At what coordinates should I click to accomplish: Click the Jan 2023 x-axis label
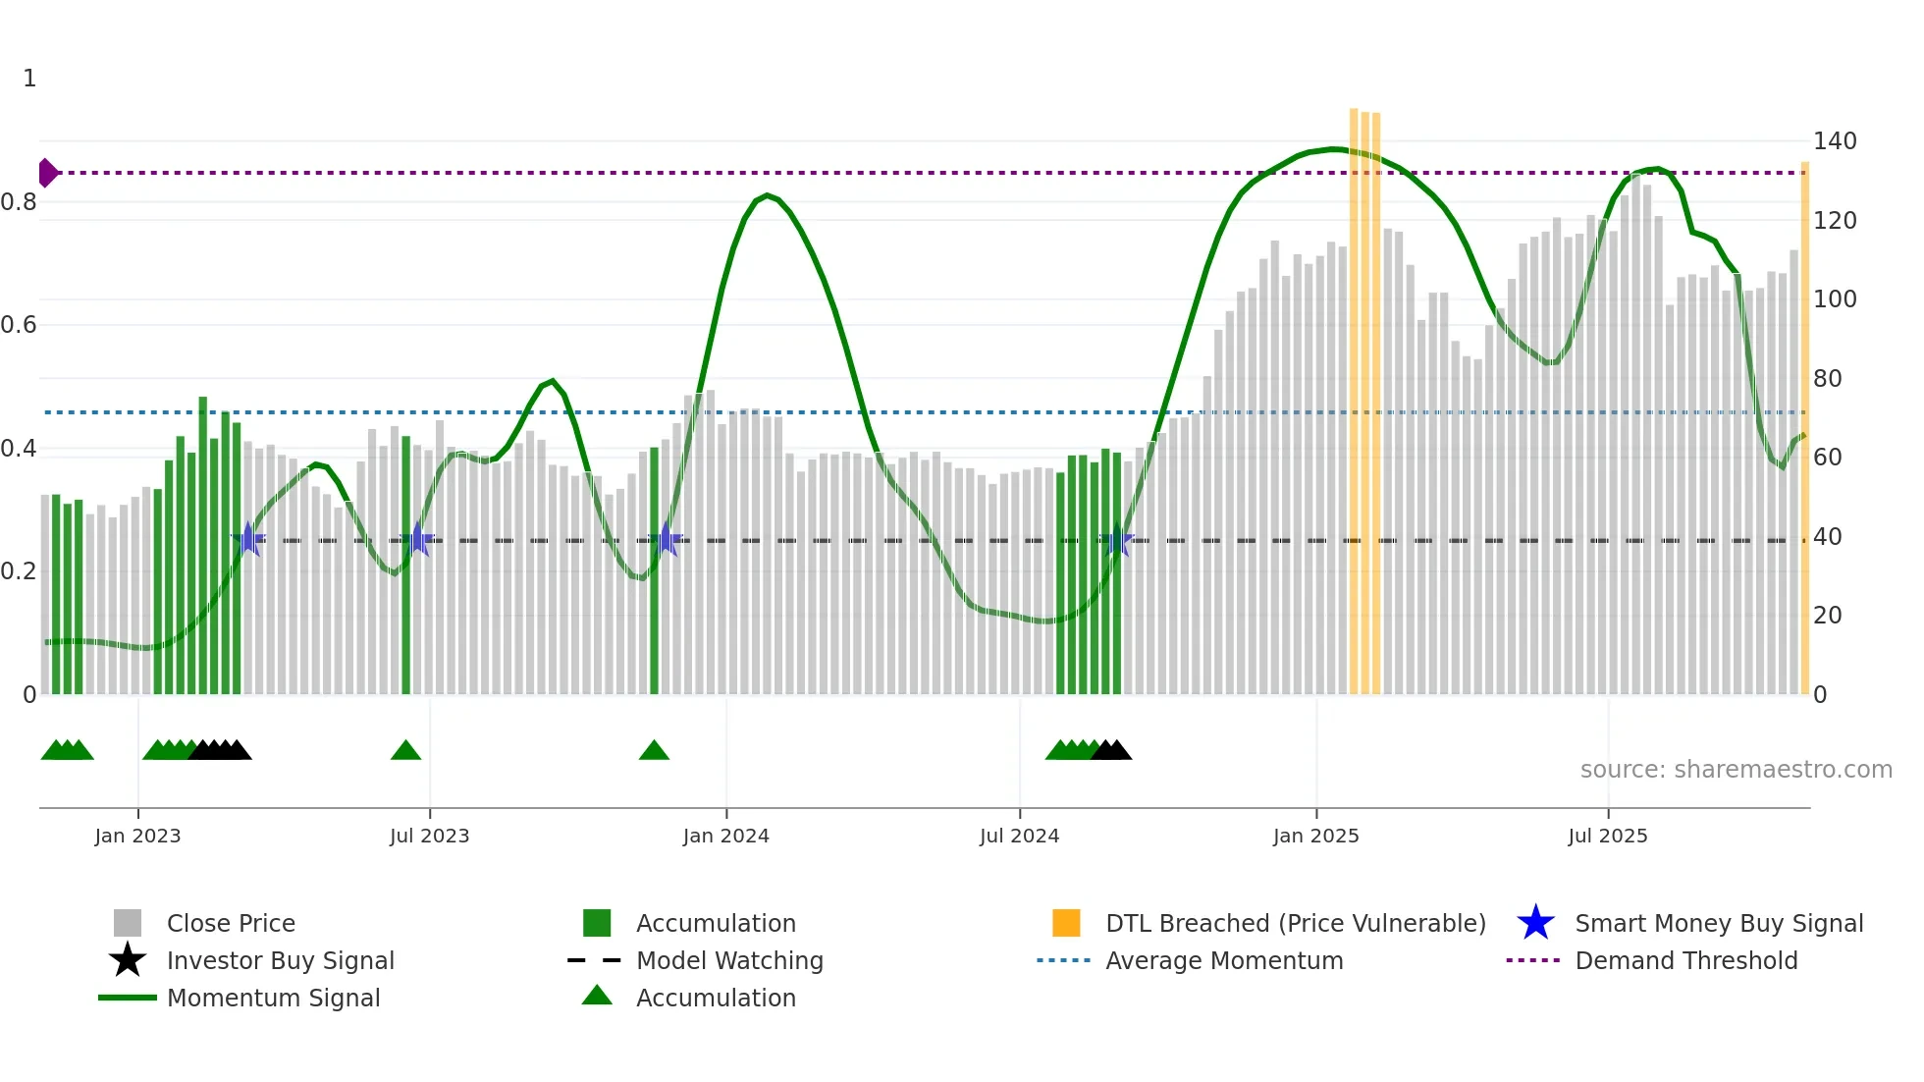click(x=137, y=837)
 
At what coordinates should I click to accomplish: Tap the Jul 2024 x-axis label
click(x=1019, y=837)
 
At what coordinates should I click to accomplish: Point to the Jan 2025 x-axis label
click(x=1315, y=837)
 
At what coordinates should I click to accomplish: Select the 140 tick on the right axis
click(x=1834, y=141)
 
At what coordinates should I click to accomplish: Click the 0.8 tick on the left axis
click(x=20, y=202)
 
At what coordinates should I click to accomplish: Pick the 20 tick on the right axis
click(x=1827, y=616)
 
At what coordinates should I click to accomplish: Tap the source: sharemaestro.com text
click(x=1736, y=770)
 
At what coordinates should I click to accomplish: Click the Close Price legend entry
click(x=231, y=924)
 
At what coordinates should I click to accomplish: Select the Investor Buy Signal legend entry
click(x=280, y=961)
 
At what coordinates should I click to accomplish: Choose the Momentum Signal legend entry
click(x=273, y=999)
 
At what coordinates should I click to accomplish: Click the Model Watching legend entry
click(x=729, y=961)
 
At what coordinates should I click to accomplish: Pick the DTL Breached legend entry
click(x=1295, y=924)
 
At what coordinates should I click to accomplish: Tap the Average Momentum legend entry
click(x=1224, y=961)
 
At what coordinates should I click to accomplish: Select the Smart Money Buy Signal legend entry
click(x=1718, y=924)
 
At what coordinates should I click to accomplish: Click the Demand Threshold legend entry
click(x=1685, y=961)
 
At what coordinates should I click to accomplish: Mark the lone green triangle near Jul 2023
click(x=405, y=751)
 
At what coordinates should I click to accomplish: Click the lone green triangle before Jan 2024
click(x=654, y=751)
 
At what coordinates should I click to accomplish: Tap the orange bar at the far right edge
click(x=1804, y=432)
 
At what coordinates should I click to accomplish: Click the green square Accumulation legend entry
click(x=716, y=924)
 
